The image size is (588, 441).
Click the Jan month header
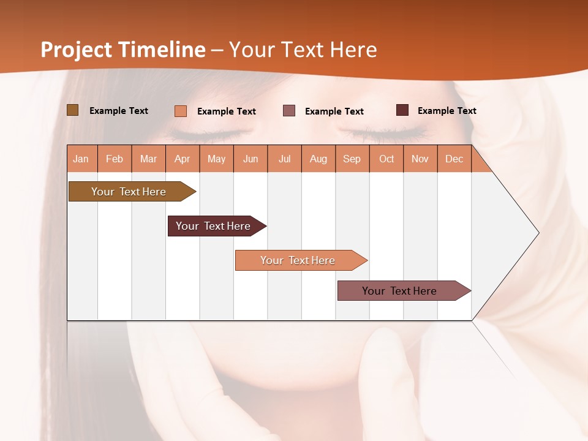(81, 159)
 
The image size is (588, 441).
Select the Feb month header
(115, 159)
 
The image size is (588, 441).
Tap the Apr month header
(182, 159)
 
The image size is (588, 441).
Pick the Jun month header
(250, 159)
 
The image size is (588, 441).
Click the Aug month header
(318, 159)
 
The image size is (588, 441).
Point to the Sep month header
(352, 159)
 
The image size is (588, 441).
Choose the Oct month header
(386, 159)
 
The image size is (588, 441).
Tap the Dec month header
(454, 159)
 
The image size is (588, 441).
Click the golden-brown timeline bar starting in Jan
(129, 192)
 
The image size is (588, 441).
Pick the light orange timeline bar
(298, 260)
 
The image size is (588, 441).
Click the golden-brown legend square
(72, 110)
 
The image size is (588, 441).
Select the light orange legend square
(181, 111)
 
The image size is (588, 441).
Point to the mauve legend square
(289, 111)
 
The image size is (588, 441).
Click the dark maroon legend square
(402, 110)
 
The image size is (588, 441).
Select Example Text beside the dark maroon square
(447, 110)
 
